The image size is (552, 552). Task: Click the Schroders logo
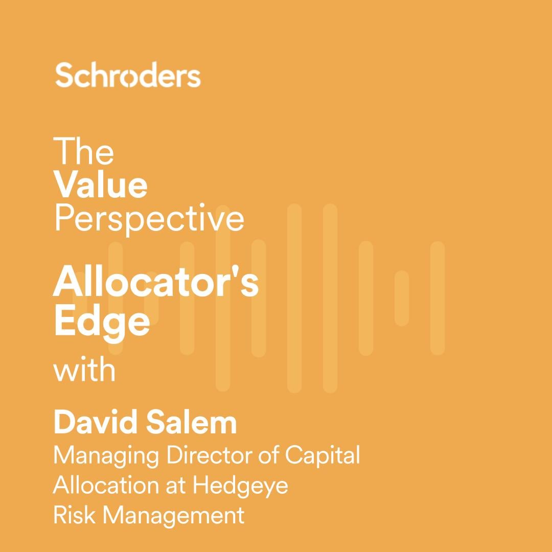128,75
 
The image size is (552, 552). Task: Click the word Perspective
149,219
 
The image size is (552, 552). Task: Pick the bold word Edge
102,323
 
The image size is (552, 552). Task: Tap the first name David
96,423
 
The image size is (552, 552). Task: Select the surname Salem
192,423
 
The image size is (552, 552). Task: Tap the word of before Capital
269,455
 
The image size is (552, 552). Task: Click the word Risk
74,515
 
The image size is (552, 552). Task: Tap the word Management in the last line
173,516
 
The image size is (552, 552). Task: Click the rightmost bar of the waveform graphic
437,298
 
